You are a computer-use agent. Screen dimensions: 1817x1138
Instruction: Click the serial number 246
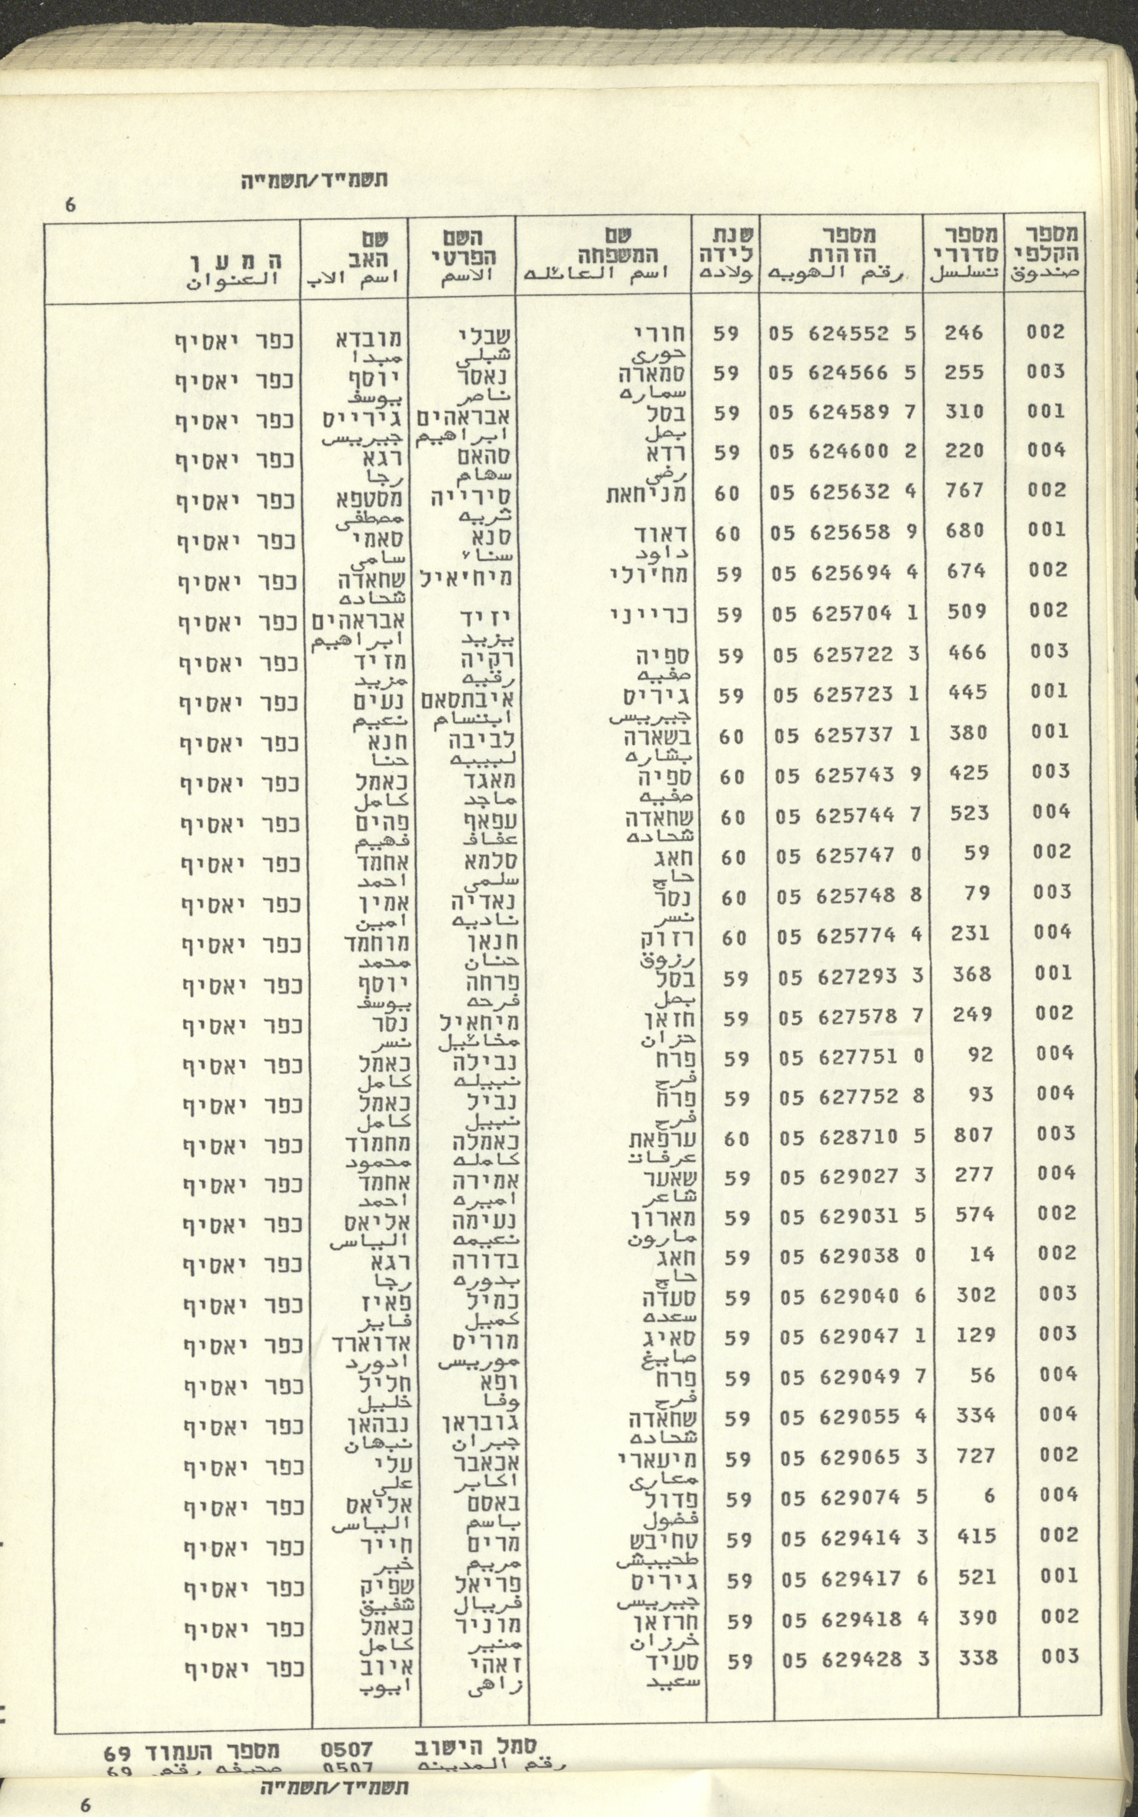click(964, 332)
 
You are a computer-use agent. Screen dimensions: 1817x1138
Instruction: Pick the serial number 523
click(969, 813)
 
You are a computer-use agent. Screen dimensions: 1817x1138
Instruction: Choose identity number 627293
click(854, 976)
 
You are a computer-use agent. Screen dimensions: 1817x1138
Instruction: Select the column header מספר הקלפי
click(1044, 254)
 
